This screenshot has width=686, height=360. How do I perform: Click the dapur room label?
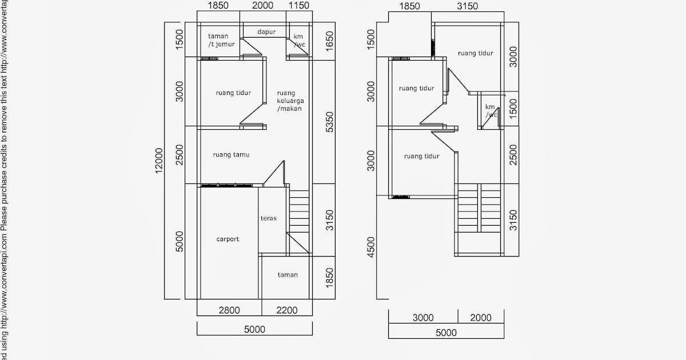coord(266,32)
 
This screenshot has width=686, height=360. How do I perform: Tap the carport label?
coord(228,239)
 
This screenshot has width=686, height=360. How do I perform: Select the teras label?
coord(269,218)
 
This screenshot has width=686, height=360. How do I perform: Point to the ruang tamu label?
coord(231,155)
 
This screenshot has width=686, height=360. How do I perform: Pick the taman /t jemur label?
coord(221,40)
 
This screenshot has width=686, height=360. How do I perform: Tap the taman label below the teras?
coord(288,275)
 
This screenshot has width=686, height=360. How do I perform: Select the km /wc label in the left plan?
coord(299,41)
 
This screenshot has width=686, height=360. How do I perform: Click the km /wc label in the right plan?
coord(491,110)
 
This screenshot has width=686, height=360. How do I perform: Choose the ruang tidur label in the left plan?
coord(233,93)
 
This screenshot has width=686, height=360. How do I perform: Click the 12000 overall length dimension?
coord(159,161)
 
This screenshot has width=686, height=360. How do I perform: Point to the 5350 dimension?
coord(329,122)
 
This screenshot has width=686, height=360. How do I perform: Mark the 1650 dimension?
coord(329,41)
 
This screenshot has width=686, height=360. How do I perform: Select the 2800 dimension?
coord(229,310)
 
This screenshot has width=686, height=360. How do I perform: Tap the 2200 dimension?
coord(287,310)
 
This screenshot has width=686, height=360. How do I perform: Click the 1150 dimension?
coord(299,5)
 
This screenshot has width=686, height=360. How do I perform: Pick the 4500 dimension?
coord(370,247)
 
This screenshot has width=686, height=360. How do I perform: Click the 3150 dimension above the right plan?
coord(468,6)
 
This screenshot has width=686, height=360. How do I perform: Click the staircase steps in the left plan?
coord(299,211)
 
